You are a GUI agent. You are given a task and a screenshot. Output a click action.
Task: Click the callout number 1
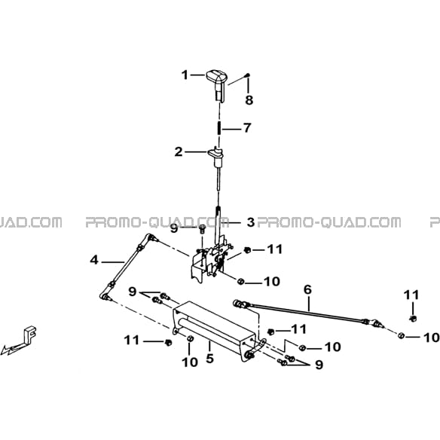click(185, 75)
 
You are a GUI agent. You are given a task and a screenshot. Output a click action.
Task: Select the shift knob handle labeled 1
click(217, 85)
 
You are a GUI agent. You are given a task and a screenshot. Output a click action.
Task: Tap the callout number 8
click(249, 100)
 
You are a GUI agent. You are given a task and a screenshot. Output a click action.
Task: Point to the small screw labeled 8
click(248, 75)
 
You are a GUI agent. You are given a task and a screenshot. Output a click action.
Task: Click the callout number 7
click(247, 128)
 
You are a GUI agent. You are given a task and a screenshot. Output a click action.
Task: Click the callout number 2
click(179, 151)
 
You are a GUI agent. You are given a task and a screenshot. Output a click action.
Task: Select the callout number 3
click(251, 222)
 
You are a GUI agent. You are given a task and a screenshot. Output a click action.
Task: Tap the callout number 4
click(94, 260)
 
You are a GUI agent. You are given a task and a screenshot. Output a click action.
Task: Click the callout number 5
click(209, 359)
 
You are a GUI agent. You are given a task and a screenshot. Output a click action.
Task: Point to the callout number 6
click(307, 289)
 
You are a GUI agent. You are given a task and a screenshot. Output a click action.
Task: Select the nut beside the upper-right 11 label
click(247, 249)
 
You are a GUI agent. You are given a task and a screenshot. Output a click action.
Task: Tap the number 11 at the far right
click(411, 295)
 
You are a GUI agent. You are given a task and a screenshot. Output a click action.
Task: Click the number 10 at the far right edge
click(431, 338)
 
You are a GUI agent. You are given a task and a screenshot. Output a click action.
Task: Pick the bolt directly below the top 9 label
click(202, 230)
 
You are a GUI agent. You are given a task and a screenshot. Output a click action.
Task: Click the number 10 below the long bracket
click(190, 362)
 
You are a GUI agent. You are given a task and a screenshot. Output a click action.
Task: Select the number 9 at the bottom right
click(319, 365)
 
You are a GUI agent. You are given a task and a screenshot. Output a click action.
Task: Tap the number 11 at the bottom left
click(132, 341)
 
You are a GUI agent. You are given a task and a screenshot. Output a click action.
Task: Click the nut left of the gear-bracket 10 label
click(240, 281)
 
